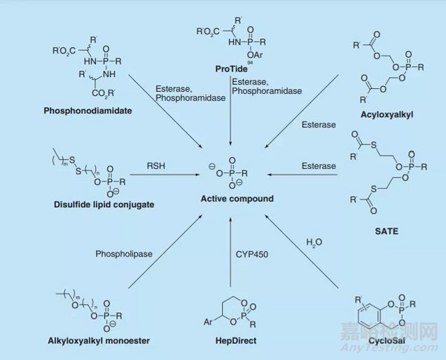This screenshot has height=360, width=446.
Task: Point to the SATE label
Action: [x=390, y=231]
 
